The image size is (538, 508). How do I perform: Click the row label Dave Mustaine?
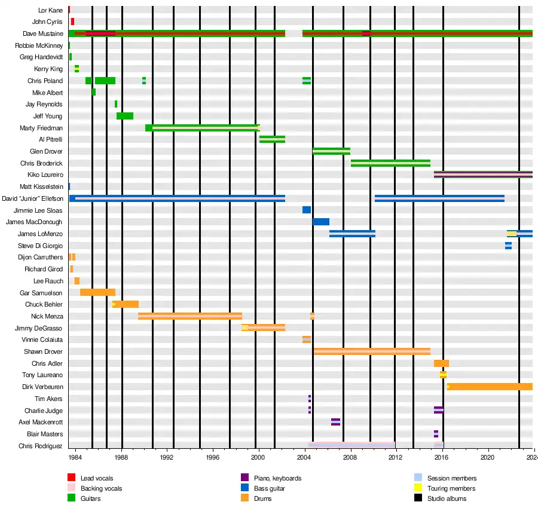click(x=42, y=33)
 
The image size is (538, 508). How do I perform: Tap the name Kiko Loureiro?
click(x=45, y=175)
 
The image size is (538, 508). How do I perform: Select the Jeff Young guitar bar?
click(x=125, y=116)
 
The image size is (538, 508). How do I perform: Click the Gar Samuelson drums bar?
click(x=97, y=292)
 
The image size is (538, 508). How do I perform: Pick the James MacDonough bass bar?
click(x=321, y=222)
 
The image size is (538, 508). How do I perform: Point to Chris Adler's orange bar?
click(x=441, y=363)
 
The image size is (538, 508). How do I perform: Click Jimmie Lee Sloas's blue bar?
click(x=307, y=210)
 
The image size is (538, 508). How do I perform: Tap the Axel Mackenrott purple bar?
click(x=335, y=422)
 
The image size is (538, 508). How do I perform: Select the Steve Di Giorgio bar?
click(x=508, y=246)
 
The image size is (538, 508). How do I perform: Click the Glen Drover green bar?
click(x=331, y=151)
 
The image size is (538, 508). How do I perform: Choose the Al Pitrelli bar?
click(x=272, y=139)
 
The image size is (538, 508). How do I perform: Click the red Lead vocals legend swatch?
click(x=71, y=478)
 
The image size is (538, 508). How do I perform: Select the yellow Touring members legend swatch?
click(x=418, y=488)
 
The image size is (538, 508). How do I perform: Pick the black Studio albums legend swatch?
click(x=418, y=498)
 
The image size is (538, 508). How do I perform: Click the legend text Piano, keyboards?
click(x=277, y=478)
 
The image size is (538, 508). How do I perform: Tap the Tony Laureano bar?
click(x=443, y=375)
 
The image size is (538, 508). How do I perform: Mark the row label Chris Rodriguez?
click(x=40, y=446)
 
